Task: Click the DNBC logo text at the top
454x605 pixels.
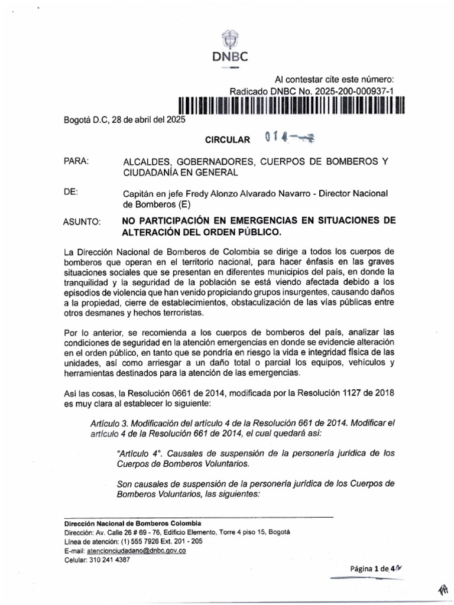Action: click(x=229, y=57)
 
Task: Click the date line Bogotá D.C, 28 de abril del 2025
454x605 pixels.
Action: click(x=125, y=121)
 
